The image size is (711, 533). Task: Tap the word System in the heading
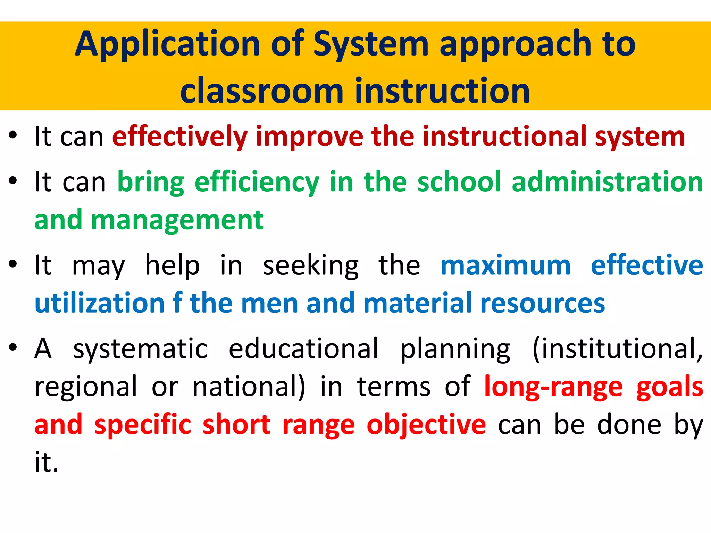(x=371, y=44)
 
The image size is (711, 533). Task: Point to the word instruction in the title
(x=442, y=91)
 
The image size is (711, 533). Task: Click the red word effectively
(x=180, y=137)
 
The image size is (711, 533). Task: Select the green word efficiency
(x=257, y=183)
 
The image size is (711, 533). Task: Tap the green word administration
(x=607, y=182)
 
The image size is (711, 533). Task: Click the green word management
(x=177, y=221)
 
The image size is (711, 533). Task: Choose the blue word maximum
(x=505, y=265)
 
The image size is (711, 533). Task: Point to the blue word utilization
(x=99, y=303)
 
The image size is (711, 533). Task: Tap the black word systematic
(x=140, y=349)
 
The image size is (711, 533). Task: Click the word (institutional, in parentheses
(x=618, y=349)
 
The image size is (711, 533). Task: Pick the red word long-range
(x=553, y=387)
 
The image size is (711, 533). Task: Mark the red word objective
(x=426, y=425)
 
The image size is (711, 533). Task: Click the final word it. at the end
(x=46, y=462)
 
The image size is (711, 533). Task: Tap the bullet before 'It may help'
(x=13, y=264)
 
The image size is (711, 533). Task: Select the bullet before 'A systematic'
(x=13, y=347)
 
